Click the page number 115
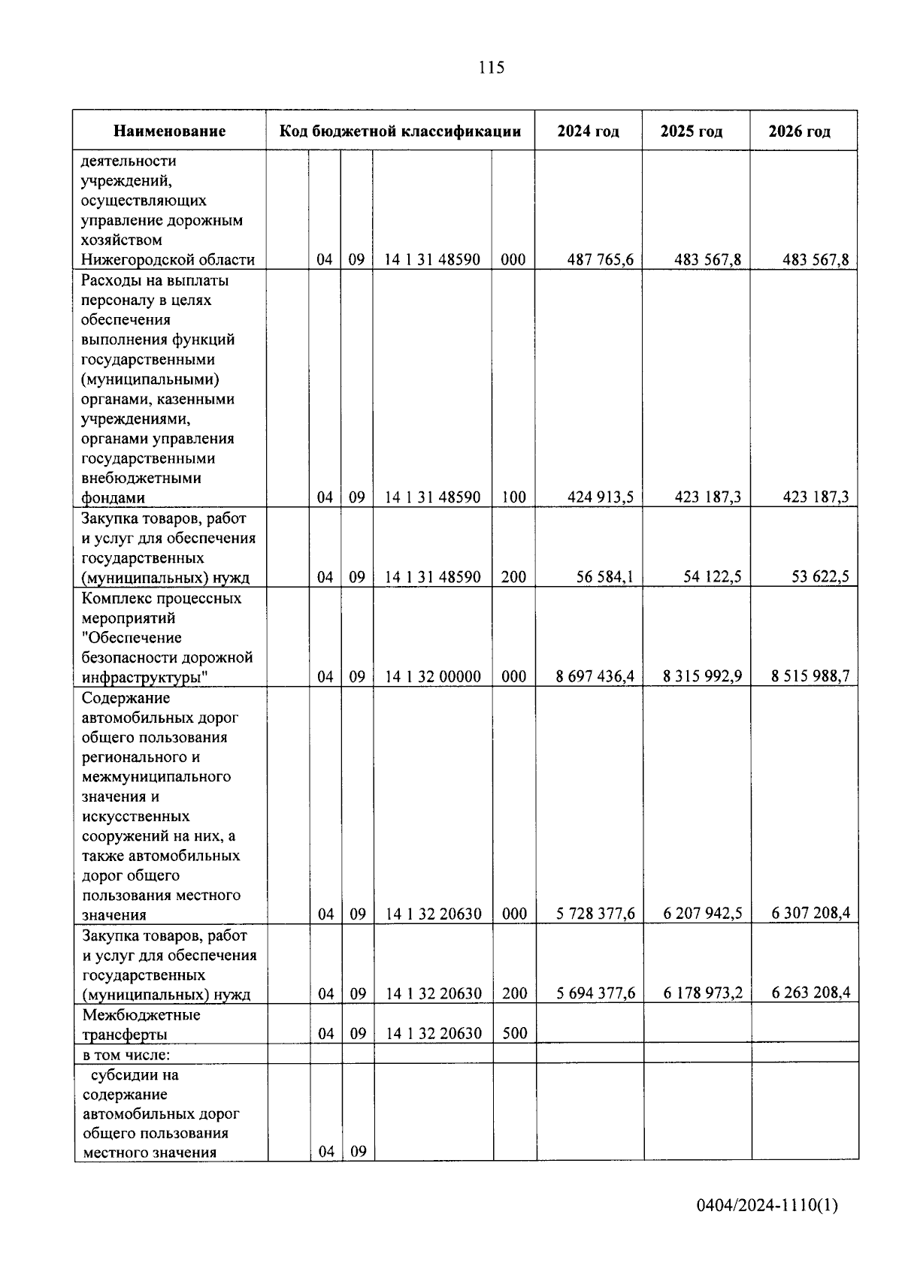point(491,68)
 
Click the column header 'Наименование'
point(170,131)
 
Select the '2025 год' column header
point(692,131)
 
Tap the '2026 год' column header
point(800,131)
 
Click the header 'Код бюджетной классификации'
point(401,131)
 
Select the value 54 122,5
point(703,577)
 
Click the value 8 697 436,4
point(595,676)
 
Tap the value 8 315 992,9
point(703,676)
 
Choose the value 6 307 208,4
point(810,914)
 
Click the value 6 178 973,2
point(703,993)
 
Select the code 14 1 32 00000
point(433,676)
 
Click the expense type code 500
point(514,1033)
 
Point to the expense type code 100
point(514,497)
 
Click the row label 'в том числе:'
point(126,1053)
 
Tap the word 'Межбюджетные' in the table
point(141,1015)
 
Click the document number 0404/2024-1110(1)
point(767,1206)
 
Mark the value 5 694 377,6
point(595,993)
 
